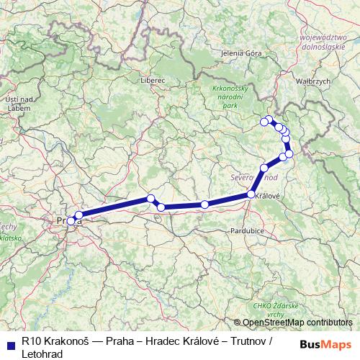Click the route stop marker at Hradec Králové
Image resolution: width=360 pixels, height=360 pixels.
[x=251, y=194]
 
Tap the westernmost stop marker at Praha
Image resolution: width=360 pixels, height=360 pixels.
[x=71, y=221]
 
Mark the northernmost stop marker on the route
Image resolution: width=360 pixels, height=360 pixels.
[x=269, y=120]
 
